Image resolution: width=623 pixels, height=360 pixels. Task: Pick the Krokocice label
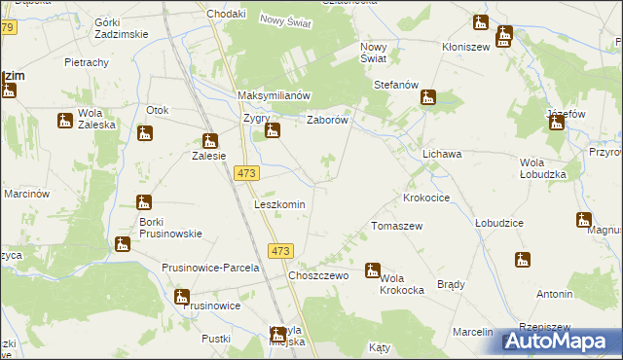pyautogui.click(x=426, y=198)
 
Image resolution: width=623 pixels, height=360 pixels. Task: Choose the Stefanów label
pyautogui.click(x=396, y=86)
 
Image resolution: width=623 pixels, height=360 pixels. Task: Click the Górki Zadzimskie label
pyautogui.click(x=122, y=27)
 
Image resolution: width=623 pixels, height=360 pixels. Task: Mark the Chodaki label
pyautogui.click(x=226, y=15)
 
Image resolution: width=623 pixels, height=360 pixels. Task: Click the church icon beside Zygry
pyautogui.click(x=274, y=131)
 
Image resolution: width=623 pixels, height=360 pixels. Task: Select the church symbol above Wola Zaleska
pyautogui.click(x=65, y=121)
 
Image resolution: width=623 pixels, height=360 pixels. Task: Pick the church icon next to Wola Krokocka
pyautogui.click(x=373, y=270)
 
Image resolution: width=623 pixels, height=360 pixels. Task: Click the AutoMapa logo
pyautogui.click(x=563, y=342)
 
